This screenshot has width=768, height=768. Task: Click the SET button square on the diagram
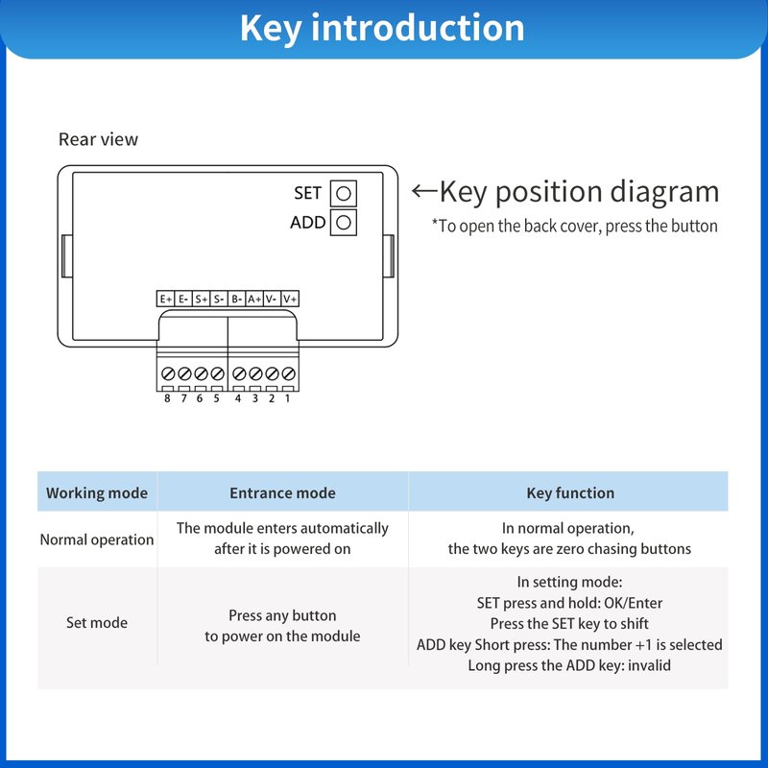(344, 193)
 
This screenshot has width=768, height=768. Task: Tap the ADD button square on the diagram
(344, 223)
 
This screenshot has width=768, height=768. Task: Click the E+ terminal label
(166, 300)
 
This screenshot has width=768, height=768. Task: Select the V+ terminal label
(290, 300)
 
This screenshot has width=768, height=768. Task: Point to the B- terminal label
(237, 300)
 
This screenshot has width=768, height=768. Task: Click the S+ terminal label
(202, 300)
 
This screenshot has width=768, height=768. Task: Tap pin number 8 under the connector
(167, 398)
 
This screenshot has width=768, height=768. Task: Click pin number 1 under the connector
(287, 398)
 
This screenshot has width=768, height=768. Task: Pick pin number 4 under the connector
(238, 398)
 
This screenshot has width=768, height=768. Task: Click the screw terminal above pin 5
(217, 372)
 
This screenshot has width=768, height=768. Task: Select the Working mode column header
(97, 493)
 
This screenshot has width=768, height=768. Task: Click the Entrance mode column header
(282, 493)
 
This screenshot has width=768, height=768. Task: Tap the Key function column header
(570, 493)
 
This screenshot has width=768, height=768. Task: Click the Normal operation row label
(97, 540)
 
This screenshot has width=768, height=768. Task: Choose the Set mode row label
(97, 622)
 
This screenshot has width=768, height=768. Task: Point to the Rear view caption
(98, 139)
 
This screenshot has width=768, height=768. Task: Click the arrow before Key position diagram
(424, 191)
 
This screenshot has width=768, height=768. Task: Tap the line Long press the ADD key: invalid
(569, 664)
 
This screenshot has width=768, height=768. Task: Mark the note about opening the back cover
(574, 227)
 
